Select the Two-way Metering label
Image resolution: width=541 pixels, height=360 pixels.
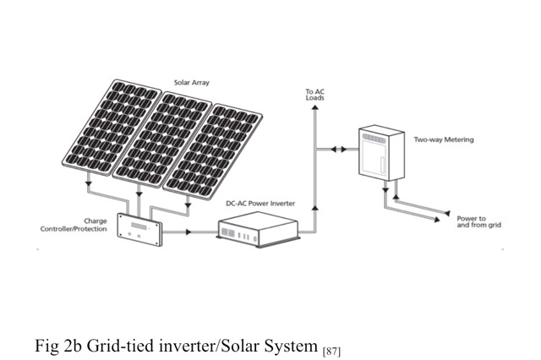(x=443, y=140)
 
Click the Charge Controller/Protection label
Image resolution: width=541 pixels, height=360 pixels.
(x=80, y=224)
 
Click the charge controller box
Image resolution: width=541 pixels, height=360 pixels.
(x=141, y=229)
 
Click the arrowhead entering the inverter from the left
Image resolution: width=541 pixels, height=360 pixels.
(x=210, y=229)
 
